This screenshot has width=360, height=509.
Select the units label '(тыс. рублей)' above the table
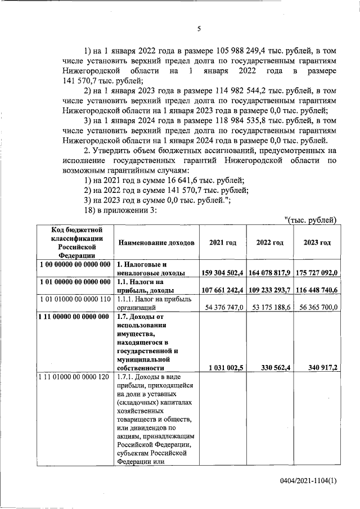coord(310,220)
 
